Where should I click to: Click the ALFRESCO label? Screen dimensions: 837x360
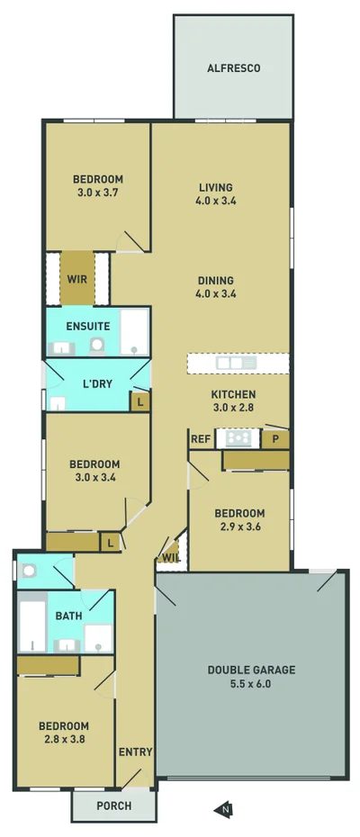tap(233, 67)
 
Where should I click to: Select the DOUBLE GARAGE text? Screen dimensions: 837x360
tap(251, 670)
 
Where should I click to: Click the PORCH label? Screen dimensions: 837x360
tap(113, 805)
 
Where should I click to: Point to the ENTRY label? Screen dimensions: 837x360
tap(135, 752)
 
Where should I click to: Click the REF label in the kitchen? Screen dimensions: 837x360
tap(200, 439)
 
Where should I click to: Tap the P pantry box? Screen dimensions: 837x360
tap(274, 439)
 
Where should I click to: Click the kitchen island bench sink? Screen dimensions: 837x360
tap(230, 363)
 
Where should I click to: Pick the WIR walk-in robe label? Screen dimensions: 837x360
tap(76, 278)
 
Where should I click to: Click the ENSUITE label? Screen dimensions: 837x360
tap(88, 326)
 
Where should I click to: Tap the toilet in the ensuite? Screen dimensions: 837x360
tap(96, 344)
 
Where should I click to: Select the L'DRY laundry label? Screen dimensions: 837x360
tap(97, 383)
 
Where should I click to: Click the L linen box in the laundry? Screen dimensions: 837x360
tap(139, 402)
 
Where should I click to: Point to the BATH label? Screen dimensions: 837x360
tap(68, 616)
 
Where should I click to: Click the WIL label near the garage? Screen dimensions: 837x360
tap(169, 559)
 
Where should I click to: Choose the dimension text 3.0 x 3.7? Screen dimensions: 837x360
tap(97, 193)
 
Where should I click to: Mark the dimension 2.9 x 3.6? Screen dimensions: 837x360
tap(239, 527)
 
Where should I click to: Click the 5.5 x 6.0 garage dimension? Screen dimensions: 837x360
tap(251, 684)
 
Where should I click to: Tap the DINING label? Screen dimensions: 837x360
tap(216, 280)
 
